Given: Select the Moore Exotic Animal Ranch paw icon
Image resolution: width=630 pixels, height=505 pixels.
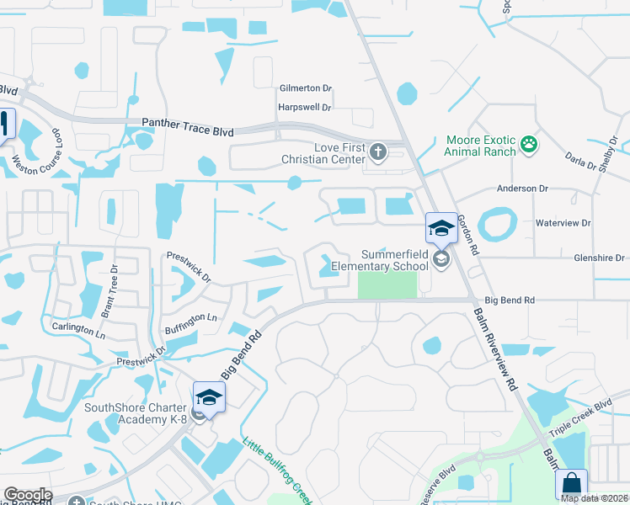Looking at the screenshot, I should (x=529, y=145).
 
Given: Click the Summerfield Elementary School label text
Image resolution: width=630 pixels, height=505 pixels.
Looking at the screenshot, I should (x=395, y=260).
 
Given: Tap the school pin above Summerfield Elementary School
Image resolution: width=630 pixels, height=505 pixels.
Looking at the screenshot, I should (x=442, y=229).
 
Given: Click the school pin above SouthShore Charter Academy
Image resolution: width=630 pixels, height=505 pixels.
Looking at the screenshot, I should (x=210, y=398).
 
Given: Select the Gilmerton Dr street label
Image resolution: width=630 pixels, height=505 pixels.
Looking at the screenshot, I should (x=306, y=88).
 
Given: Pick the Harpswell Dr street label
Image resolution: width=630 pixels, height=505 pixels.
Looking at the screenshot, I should (x=305, y=108).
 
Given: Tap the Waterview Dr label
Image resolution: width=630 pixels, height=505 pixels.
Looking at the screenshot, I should (x=563, y=223).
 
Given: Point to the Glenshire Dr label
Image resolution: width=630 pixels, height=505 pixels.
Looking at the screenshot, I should (x=599, y=258).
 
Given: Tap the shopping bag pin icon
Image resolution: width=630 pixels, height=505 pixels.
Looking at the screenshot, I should (x=572, y=486).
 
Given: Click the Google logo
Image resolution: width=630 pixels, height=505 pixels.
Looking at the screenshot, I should (x=27, y=495).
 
